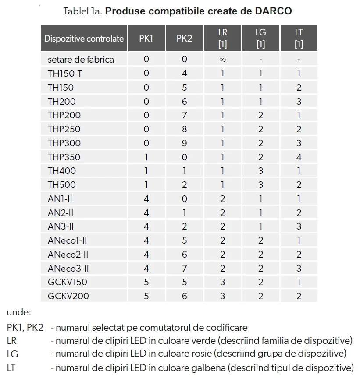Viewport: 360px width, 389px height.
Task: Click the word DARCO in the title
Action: point(273,11)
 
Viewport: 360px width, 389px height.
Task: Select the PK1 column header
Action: point(146,39)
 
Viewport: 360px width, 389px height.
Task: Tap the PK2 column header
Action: point(184,39)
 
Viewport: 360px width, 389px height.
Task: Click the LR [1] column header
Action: point(222,39)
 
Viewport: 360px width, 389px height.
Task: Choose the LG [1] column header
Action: point(260,39)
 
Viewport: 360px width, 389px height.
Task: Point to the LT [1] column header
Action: point(299,39)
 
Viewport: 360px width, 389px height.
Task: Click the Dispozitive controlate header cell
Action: point(84,39)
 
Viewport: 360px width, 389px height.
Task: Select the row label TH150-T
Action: point(65,73)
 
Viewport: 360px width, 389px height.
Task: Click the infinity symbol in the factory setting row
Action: point(222,60)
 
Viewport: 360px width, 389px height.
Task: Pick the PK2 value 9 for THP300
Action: point(184,143)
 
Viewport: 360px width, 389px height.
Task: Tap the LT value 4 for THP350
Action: point(299,157)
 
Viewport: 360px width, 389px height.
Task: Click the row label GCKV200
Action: point(68,296)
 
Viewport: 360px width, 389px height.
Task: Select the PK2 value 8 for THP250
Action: point(184,129)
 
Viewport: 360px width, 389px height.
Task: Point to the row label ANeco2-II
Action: point(68,255)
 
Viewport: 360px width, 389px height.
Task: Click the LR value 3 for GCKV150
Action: point(222,282)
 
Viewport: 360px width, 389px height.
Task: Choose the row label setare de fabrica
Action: point(81,60)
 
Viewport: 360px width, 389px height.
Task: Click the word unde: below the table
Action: point(19,312)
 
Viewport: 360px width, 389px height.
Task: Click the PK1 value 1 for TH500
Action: point(146,185)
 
